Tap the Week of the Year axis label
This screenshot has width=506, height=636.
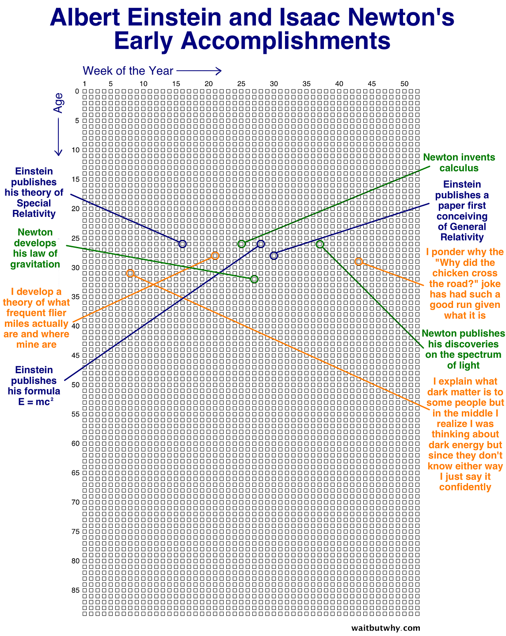[128, 71]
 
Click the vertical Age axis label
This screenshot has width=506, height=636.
[58, 102]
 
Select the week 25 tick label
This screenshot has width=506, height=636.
[241, 84]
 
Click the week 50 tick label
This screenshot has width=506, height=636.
[404, 84]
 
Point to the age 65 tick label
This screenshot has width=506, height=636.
[76, 473]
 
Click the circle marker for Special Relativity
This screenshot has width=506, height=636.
[183, 244]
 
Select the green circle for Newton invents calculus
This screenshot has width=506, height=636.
[241, 244]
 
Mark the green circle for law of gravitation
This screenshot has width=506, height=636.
[254, 279]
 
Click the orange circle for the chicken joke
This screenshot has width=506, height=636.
[359, 261]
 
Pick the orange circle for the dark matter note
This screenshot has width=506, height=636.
[130, 273]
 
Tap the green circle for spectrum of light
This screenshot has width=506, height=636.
[320, 244]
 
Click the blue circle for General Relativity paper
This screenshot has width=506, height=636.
[274, 255]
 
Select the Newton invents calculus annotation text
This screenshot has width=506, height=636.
[459, 163]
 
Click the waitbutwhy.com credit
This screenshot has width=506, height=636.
[385, 628]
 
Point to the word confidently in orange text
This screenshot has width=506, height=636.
[465, 487]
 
